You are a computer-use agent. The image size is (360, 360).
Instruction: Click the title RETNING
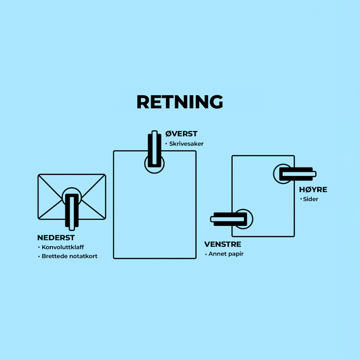click(x=180, y=102)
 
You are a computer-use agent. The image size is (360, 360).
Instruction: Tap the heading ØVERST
click(x=181, y=134)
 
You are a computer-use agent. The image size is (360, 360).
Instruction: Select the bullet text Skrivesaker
click(x=186, y=144)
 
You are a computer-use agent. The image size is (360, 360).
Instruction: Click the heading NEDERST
click(x=56, y=238)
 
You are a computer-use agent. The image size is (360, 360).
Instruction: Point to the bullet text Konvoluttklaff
click(x=63, y=247)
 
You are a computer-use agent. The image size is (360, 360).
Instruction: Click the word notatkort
click(x=84, y=256)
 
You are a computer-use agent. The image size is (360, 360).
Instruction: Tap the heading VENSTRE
click(x=222, y=244)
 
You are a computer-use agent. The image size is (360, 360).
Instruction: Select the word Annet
click(x=217, y=254)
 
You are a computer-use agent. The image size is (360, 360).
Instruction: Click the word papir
click(x=235, y=255)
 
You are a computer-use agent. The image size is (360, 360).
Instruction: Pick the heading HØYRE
click(x=313, y=190)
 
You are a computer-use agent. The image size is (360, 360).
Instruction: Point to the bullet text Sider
click(x=311, y=199)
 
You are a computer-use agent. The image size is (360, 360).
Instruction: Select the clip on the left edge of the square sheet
click(x=229, y=219)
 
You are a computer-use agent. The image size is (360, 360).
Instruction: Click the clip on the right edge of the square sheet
click(x=296, y=174)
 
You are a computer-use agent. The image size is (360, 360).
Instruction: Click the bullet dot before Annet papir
click(x=206, y=254)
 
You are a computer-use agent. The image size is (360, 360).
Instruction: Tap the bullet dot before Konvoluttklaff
click(x=39, y=247)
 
